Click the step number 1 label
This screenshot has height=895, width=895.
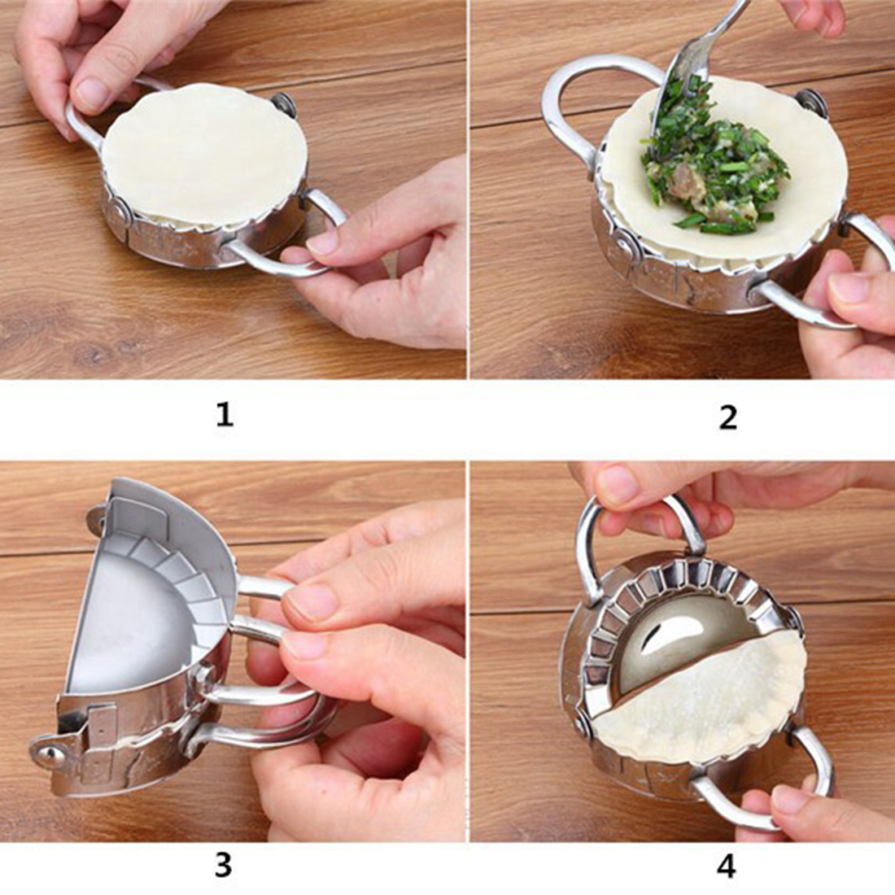[225, 414]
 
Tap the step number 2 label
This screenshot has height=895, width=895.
[728, 417]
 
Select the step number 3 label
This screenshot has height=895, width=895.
[223, 865]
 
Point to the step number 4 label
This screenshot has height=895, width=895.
[726, 867]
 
